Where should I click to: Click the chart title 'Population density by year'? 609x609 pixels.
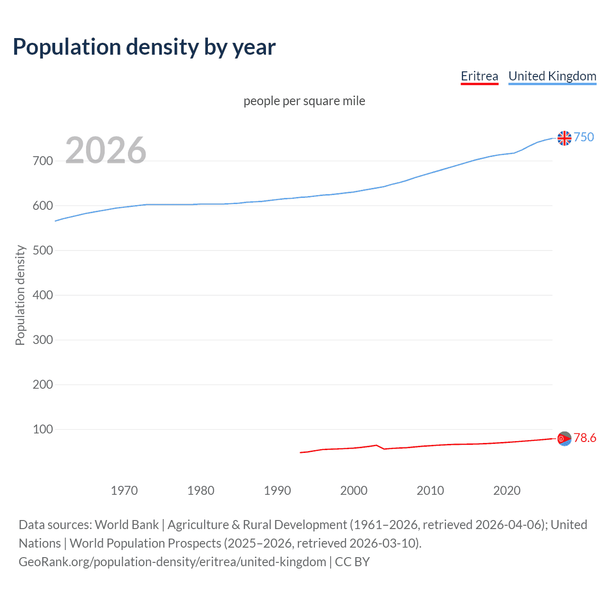(144, 47)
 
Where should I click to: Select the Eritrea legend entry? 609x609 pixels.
(479, 76)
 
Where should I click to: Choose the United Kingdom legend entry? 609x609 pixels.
(552, 76)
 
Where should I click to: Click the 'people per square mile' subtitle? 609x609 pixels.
(304, 101)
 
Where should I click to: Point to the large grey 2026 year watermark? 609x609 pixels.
(106, 150)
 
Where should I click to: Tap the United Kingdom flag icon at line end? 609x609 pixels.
(564, 138)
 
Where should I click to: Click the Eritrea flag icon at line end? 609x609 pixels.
(564, 438)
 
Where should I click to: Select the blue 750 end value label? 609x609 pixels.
(584, 137)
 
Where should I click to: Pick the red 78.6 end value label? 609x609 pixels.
(585, 438)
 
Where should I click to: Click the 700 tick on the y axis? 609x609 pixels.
(42, 161)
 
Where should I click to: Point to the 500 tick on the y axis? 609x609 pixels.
(42, 250)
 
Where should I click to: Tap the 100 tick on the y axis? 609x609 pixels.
(42, 429)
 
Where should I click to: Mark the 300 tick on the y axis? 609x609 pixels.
(42, 340)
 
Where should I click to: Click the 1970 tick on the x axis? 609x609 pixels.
(124, 491)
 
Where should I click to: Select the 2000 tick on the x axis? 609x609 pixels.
(354, 491)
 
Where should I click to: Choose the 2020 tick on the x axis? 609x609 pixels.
(507, 491)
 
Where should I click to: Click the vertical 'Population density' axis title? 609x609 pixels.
(20, 295)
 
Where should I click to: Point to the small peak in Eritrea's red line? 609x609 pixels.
(376, 445)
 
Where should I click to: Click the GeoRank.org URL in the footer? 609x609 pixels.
(172, 562)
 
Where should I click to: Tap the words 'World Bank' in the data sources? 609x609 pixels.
(127, 525)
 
